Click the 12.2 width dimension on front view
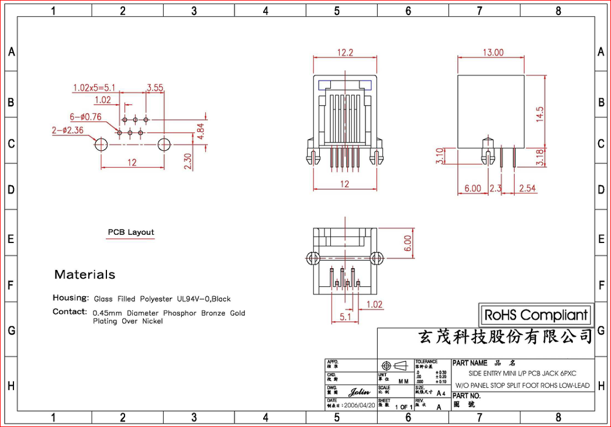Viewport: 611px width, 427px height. (x=345, y=53)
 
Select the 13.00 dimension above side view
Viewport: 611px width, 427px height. (x=493, y=53)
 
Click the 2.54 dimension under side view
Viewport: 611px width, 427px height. (x=527, y=188)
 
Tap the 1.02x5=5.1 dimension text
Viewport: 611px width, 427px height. (x=94, y=88)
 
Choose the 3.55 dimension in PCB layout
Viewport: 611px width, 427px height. (x=155, y=88)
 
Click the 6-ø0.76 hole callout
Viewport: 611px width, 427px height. (x=85, y=117)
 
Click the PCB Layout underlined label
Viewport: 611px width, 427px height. (x=131, y=232)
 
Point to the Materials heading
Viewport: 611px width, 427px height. (x=85, y=275)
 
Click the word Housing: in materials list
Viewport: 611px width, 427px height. (x=71, y=298)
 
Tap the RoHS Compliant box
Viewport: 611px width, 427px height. (x=536, y=315)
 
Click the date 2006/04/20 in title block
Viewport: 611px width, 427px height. (x=360, y=405)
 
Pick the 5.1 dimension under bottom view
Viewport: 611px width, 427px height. (x=346, y=318)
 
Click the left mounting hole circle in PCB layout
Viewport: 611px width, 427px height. (x=101, y=144)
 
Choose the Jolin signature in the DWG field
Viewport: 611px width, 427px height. (x=360, y=392)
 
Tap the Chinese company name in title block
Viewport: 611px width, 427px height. (x=506, y=336)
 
